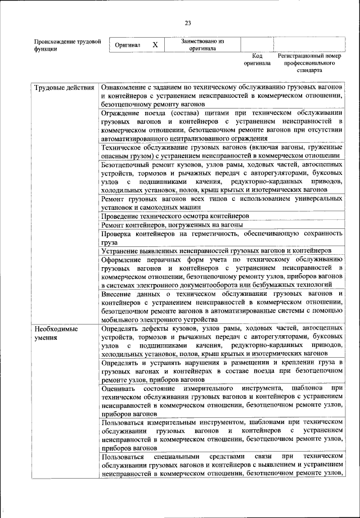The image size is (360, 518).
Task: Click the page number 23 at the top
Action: [x=188, y=22]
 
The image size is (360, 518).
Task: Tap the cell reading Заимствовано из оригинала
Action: [x=202, y=44]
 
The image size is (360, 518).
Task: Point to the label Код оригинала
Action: [x=257, y=60]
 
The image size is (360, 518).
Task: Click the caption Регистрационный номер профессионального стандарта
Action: [x=309, y=64]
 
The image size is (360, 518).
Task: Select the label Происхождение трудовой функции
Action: [x=67, y=45]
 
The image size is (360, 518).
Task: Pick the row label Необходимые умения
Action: [x=56, y=332]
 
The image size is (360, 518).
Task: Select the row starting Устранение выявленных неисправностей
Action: [x=216, y=250]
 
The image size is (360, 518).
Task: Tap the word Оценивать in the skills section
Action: [x=119, y=389]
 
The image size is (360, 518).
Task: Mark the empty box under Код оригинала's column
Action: [x=257, y=44]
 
